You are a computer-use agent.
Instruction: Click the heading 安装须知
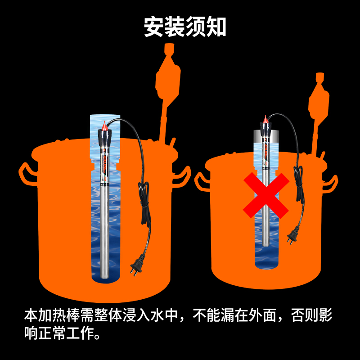pos(184,27)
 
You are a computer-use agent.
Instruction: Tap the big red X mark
pos(266,195)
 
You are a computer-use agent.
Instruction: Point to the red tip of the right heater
pos(265,120)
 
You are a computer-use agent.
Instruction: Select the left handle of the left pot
pos(27,173)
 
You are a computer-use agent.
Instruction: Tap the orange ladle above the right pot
pos(318,101)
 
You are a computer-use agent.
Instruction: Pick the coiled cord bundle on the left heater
pos(144,202)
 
